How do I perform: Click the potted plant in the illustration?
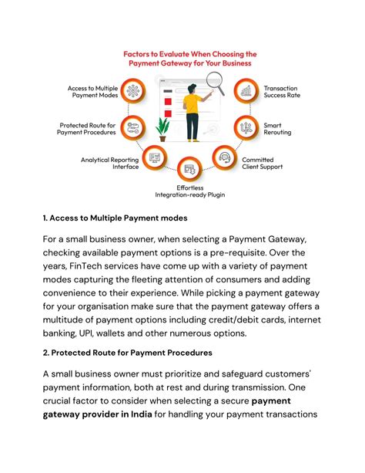162,127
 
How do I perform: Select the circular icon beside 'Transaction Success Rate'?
245,92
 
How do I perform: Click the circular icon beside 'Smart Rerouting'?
244,127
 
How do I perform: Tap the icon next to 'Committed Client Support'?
225,159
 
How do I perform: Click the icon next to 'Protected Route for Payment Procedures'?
132,127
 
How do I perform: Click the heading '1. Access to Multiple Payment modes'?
116,218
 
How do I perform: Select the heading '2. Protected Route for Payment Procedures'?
127,352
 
